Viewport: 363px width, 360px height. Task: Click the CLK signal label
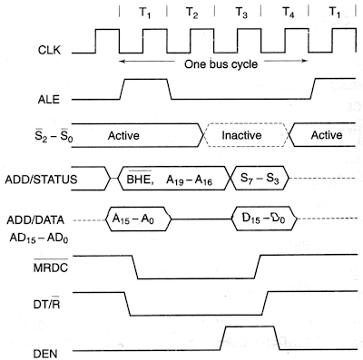tap(49, 50)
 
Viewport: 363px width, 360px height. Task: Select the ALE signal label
tap(49, 100)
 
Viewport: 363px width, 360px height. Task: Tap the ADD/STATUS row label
tap(41, 180)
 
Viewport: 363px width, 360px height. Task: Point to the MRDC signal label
tap(51, 267)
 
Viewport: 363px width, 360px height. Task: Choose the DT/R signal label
tap(47, 304)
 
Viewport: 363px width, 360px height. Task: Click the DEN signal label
tap(45, 354)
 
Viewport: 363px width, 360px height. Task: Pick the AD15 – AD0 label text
tap(39, 238)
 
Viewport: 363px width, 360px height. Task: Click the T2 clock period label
tap(191, 13)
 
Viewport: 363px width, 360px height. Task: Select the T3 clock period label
tap(241, 13)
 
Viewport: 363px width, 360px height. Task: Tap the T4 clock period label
tap(288, 13)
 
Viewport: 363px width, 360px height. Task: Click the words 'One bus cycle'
tap(221, 64)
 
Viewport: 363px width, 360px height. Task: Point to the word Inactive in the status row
tap(241, 135)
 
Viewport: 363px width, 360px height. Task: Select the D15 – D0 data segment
tap(264, 219)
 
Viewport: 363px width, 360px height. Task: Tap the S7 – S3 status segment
tap(260, 178)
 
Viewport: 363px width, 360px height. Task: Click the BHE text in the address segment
tap(139, 179)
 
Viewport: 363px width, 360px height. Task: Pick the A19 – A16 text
tap(189, 180)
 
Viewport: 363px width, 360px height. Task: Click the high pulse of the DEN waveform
tap(250, 326)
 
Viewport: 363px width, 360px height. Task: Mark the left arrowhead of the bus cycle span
tap(121, 62)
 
